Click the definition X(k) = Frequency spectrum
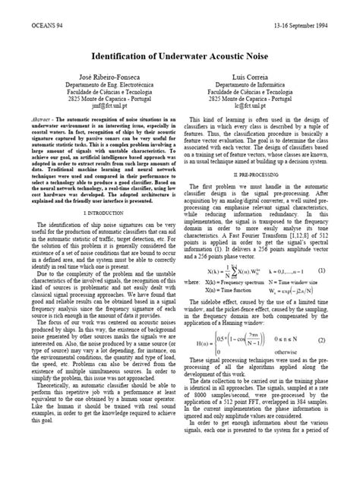237,281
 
